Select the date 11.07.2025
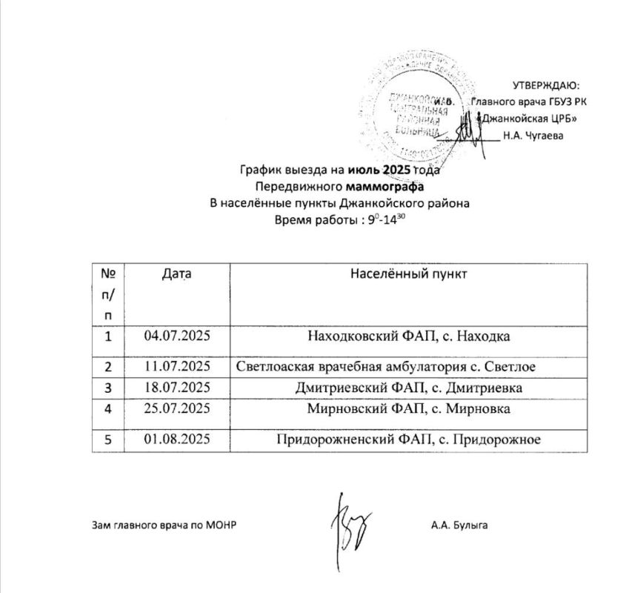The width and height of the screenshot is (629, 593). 178,366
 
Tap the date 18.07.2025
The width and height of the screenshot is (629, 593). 178,388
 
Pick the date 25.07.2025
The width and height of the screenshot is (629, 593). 178,409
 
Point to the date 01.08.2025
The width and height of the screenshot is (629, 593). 178,439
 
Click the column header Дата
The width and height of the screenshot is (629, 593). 176,274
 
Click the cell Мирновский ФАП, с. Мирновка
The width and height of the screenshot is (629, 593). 409,409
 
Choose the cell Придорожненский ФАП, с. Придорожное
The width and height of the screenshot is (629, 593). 409,439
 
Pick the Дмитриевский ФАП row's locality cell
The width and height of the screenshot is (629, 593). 409,388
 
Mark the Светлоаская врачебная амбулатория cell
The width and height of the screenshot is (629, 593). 386,366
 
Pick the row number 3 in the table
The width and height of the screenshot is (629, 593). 108,388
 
